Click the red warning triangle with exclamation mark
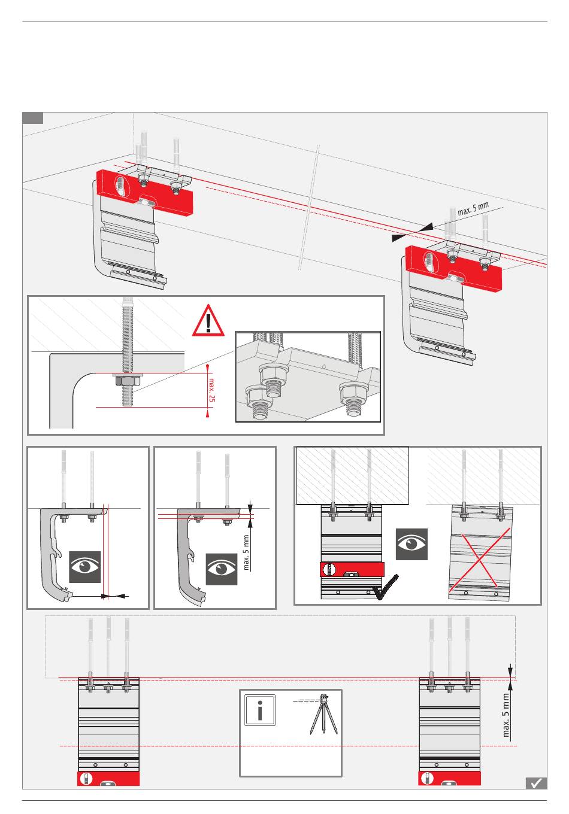[x=208, y=321]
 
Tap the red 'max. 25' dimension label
[x=211, y=390]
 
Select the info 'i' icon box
[x=259, y=710]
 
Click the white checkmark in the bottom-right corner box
[x=536, y=783]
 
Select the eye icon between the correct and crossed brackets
[x=411, y=544]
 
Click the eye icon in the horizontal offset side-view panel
[x=84, y=567]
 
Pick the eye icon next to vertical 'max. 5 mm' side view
[x=222, y=569]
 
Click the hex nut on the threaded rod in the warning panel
[x=127, y=381]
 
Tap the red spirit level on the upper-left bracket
[x=144, y=192]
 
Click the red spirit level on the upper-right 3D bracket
[x=453, y=268]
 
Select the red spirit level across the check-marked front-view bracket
[x=352, y=569]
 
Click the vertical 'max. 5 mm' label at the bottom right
[x=506, y=715]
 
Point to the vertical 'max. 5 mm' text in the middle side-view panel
[x=246, y=552]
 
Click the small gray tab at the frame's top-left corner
[x=33, y=118]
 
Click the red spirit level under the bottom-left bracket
[x=108, y=778]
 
